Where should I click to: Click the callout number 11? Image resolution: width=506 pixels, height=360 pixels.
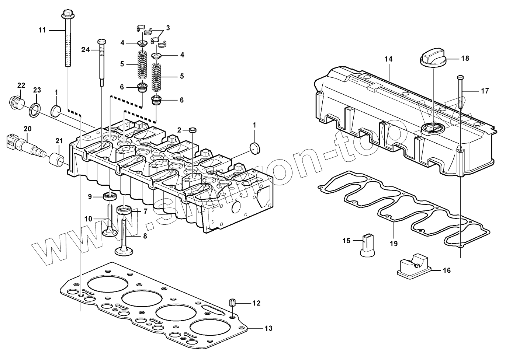pos(42,30)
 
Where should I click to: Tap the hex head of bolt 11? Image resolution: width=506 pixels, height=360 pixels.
pos(67,15)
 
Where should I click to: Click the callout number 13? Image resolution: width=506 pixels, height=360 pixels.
pos(268,328)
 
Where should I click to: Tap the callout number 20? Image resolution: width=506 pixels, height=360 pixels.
pos(28,129)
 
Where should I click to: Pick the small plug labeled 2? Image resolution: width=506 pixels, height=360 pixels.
pos(192,130)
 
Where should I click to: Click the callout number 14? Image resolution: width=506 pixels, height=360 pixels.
pos(388,59)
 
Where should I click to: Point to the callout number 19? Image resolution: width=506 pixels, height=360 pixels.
pos(394,243)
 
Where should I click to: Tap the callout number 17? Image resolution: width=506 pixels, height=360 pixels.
pos(485,91)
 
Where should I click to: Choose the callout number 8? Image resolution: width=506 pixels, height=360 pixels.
pos(145,236)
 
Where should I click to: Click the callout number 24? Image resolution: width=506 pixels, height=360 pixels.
pos(86,50)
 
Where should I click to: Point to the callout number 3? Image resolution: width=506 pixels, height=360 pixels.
pos(168,28)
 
